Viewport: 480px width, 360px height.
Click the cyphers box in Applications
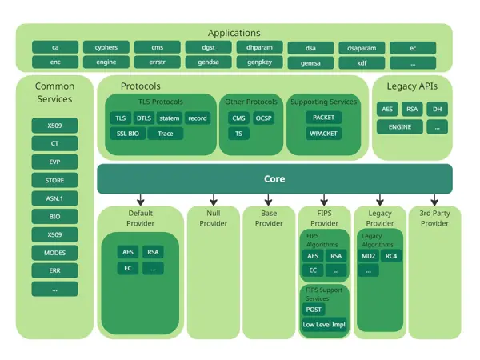tap(106, 47)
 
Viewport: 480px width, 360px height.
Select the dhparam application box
tap(259, 47)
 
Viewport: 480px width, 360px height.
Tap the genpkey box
tap(259, 62)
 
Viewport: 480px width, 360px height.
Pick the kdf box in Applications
tap(362, 62)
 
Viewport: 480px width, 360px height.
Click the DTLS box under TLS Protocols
tap(144, 118)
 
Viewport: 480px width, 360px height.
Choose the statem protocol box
tap(170, 118)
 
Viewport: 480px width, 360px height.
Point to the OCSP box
tap(264, 118)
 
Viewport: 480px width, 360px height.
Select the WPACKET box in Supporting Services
tap(323, 134)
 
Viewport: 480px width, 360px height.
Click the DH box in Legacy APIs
tap(437, 110)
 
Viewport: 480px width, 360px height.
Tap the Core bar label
tap(274, 179)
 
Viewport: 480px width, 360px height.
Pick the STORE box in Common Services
tap(55, 180)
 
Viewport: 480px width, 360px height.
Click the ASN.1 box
tap(55, 198)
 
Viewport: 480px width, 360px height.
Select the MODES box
tap(55, 253)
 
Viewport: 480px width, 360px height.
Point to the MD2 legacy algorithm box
tap(369, 256)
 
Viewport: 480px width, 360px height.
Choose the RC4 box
tap(390, 256)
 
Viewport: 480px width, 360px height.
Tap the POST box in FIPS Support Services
tap(314, 310)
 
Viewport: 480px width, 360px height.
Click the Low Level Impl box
tap(324, 324)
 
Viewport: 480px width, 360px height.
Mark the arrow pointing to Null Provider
tap(213, 199)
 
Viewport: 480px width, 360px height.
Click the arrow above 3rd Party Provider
tap(434, 199)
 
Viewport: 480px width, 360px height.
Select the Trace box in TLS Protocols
tap(166, 134)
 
